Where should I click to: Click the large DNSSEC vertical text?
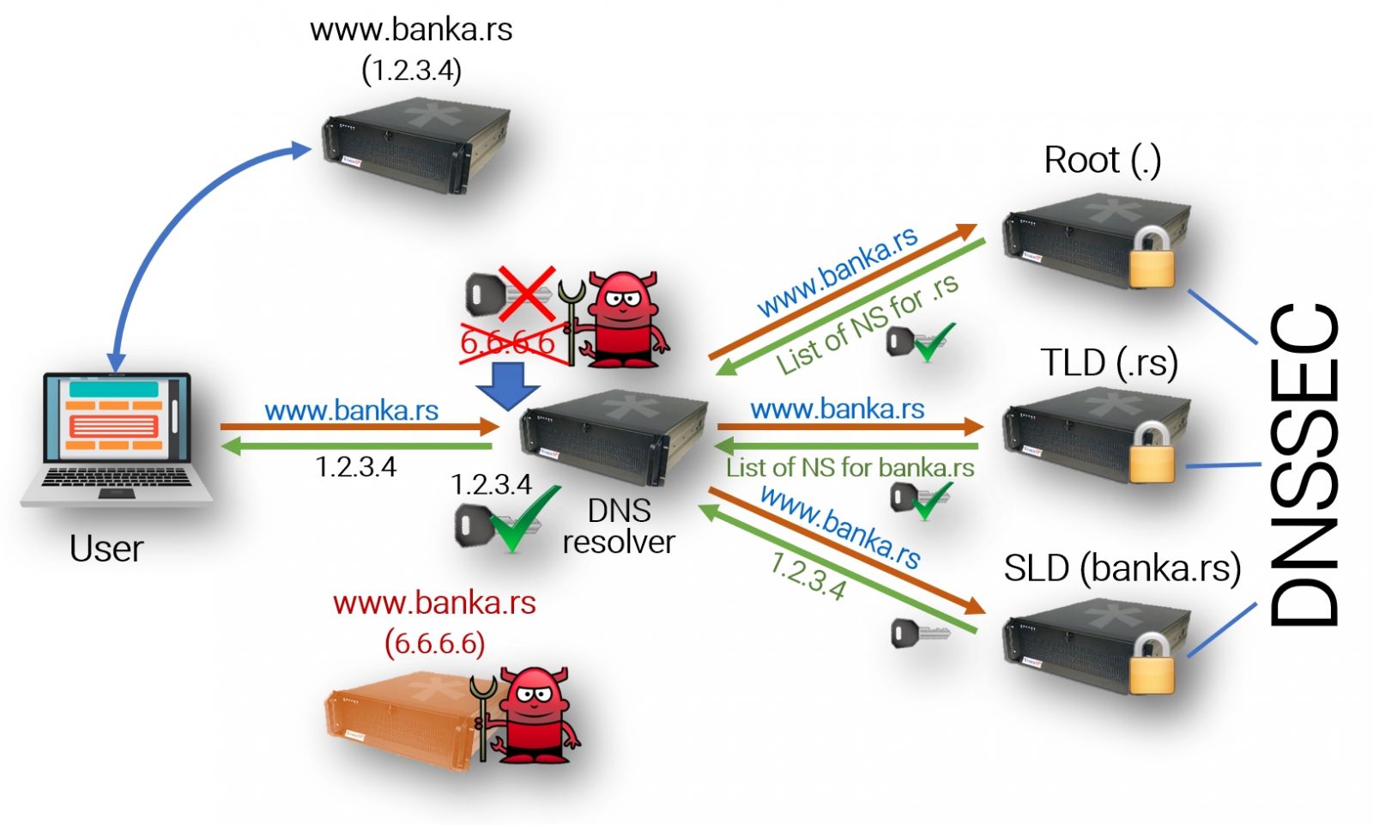tap(1302, 464)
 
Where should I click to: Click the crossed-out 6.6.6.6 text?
tap(508, 343)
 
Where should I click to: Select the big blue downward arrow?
tap(508, 386)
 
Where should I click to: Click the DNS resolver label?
tap(619, 526)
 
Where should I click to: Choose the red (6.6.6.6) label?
tap(435, 643)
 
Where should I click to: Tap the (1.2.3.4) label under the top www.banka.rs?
tap(412, 70)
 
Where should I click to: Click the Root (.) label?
tap(1102, 160)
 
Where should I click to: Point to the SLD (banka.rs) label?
tap(1122, 568)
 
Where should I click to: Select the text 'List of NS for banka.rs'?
tap(850, 468)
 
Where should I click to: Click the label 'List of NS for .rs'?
tap(868, 326)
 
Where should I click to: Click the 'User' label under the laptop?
tap(106, 549)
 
